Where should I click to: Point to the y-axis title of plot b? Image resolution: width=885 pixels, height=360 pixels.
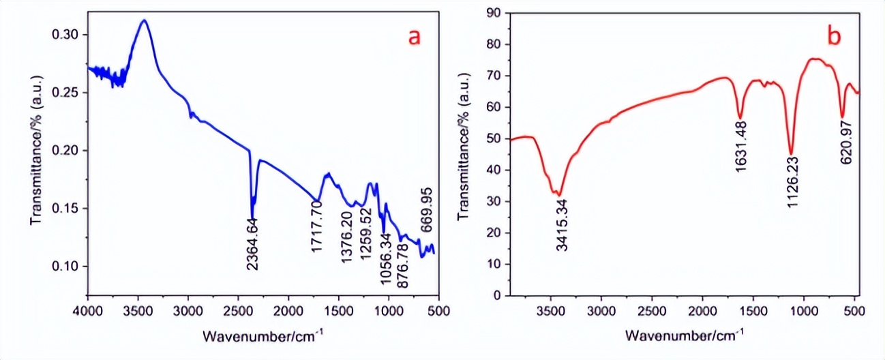463,154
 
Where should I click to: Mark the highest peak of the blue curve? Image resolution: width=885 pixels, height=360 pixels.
144,20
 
